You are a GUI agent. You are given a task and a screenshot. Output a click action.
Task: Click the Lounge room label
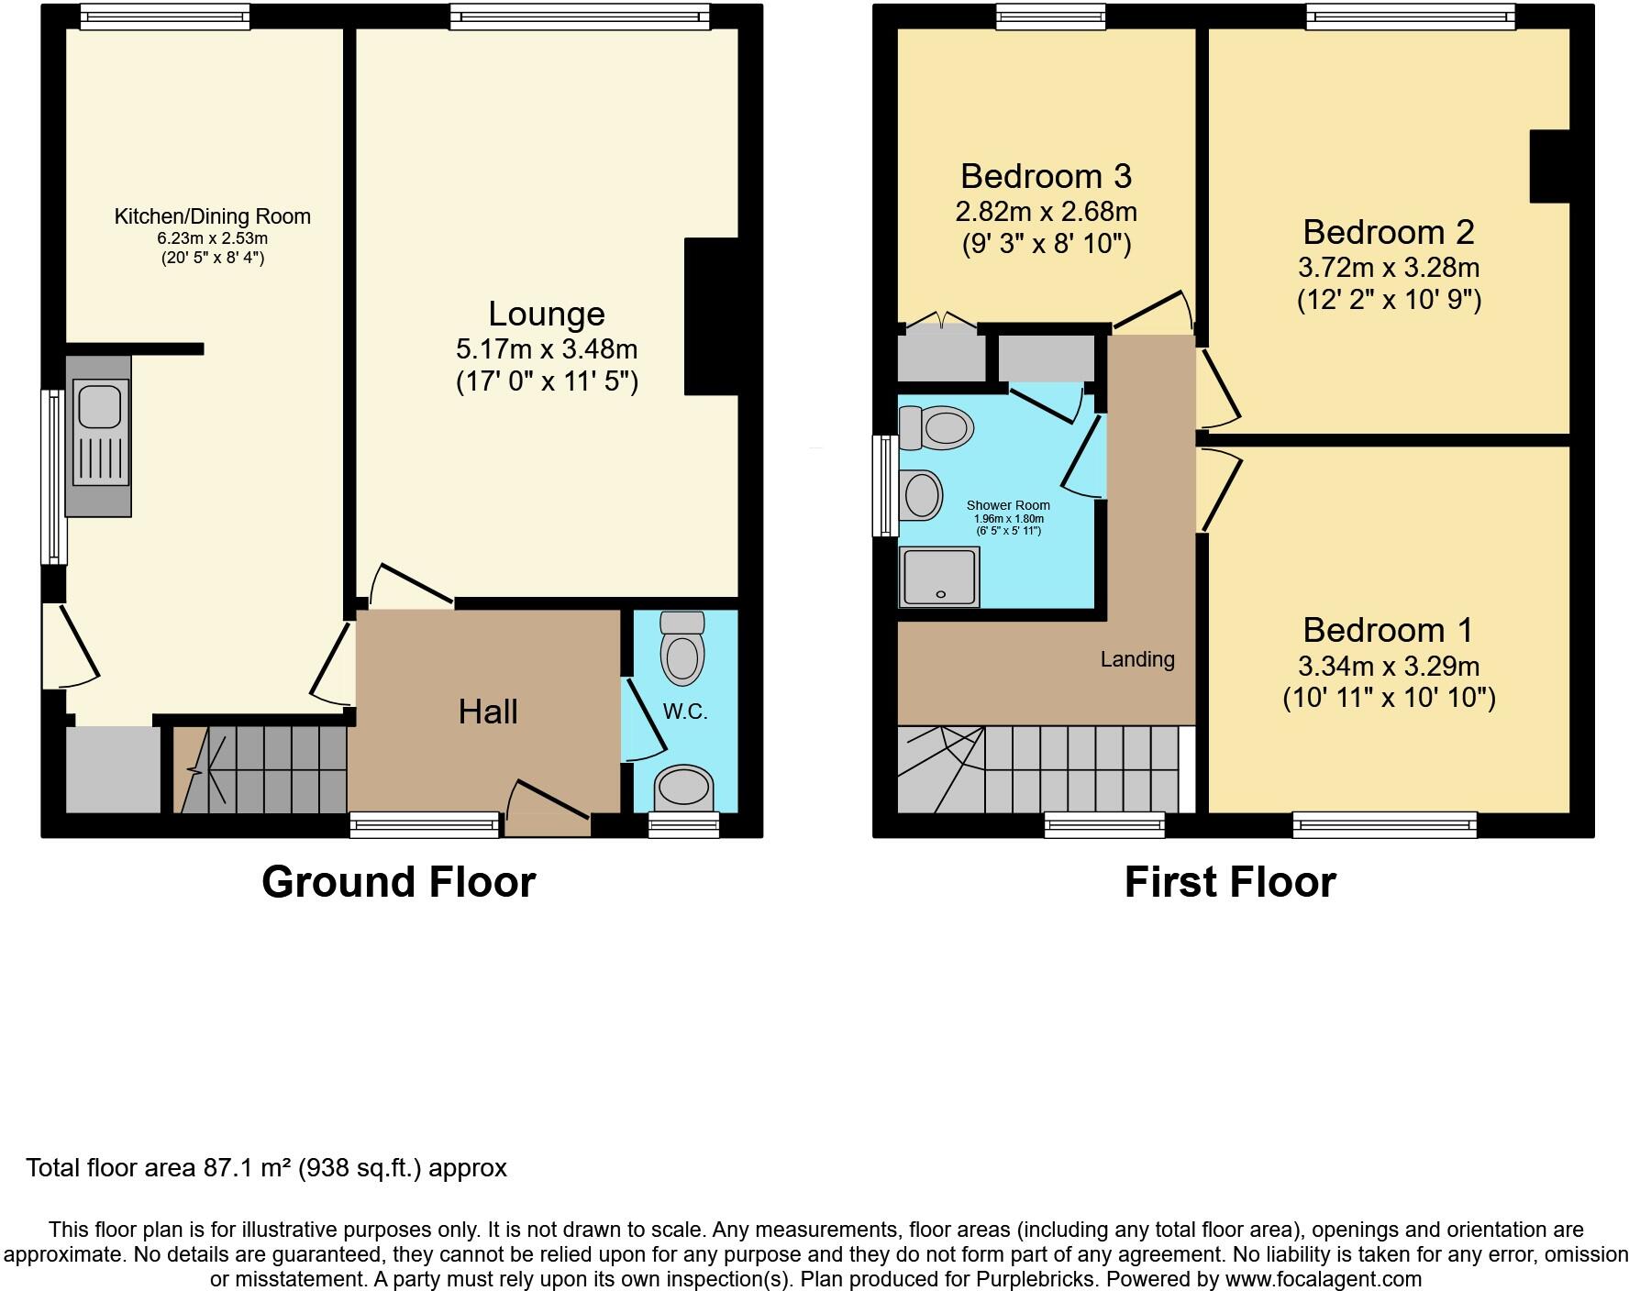546,314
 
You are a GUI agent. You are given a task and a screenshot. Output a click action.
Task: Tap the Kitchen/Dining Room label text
212,216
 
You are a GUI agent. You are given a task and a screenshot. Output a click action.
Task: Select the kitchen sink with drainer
99,436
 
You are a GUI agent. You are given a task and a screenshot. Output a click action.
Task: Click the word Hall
488,712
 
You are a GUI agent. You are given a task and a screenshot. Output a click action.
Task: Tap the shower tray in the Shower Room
939,577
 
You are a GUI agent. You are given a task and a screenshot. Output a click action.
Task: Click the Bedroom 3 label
1046,175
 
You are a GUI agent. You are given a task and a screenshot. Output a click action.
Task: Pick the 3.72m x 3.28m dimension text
1388,268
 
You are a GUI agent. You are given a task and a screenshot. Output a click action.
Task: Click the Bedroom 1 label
1388,630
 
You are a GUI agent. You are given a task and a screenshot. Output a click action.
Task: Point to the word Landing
1137,659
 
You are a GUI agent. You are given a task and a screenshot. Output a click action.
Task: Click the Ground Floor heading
398,882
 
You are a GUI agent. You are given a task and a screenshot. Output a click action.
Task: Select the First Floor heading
1229,882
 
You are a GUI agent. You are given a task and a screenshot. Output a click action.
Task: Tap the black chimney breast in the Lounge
711,317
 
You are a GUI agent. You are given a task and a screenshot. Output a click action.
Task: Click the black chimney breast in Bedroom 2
1549,166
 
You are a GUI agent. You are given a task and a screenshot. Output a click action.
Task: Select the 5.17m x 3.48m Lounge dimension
547,349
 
